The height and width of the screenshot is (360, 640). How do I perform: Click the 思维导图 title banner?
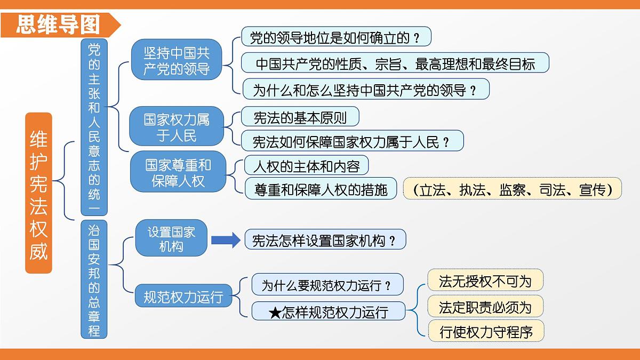point(59,24)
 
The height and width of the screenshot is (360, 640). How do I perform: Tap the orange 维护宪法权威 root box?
point(38,193)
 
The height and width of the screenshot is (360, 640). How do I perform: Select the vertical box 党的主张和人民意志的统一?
point(94,126)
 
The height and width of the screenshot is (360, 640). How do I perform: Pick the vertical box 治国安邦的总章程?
point(94,279)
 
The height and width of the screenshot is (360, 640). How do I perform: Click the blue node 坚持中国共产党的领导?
point(177,60)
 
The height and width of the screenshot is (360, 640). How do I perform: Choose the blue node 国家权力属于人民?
point(177,126)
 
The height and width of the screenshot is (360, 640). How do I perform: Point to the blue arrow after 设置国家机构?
point(226,240)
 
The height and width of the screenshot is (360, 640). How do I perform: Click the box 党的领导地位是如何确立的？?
point(336,37)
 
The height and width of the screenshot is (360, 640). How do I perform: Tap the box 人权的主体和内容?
point(306,165)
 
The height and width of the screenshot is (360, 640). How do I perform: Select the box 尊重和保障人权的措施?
point(321,189)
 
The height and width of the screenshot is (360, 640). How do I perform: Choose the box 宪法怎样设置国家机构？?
point(325,240)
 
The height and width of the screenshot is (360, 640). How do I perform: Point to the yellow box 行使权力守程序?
point(486,332)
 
